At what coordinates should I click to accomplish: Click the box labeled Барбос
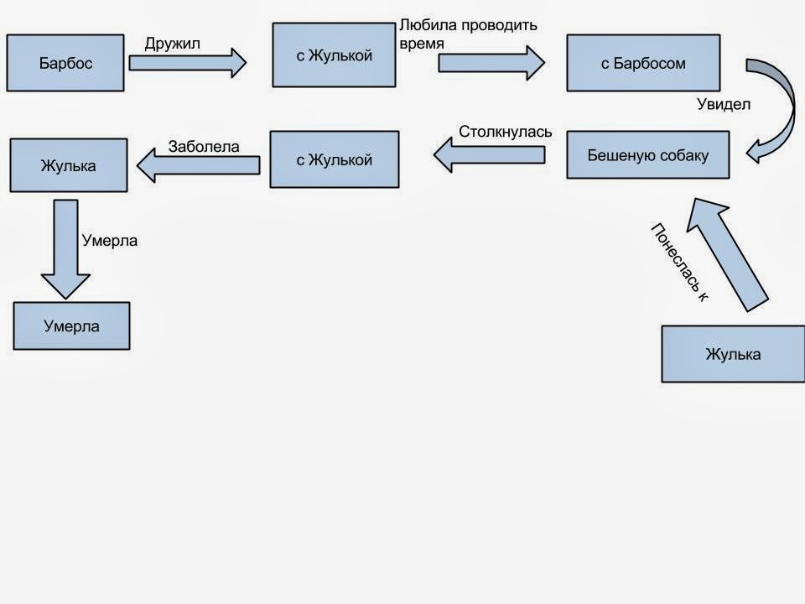65,62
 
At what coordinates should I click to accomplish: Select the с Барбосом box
643,63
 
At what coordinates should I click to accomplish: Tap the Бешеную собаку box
647,155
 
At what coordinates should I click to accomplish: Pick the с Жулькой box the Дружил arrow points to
334,55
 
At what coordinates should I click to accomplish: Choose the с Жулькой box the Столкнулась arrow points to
335,159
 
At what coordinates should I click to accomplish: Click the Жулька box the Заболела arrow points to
68,165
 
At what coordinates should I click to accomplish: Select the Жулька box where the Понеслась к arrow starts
733,354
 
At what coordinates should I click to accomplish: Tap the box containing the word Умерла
72,325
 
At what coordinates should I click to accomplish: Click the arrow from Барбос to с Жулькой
187,62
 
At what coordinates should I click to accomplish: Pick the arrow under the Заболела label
198,164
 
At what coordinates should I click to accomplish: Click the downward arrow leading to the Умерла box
65,247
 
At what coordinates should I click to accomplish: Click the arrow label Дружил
173,44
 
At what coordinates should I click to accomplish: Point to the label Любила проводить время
468,33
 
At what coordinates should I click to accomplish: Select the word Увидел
724,105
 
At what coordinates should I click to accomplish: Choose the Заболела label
204,146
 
